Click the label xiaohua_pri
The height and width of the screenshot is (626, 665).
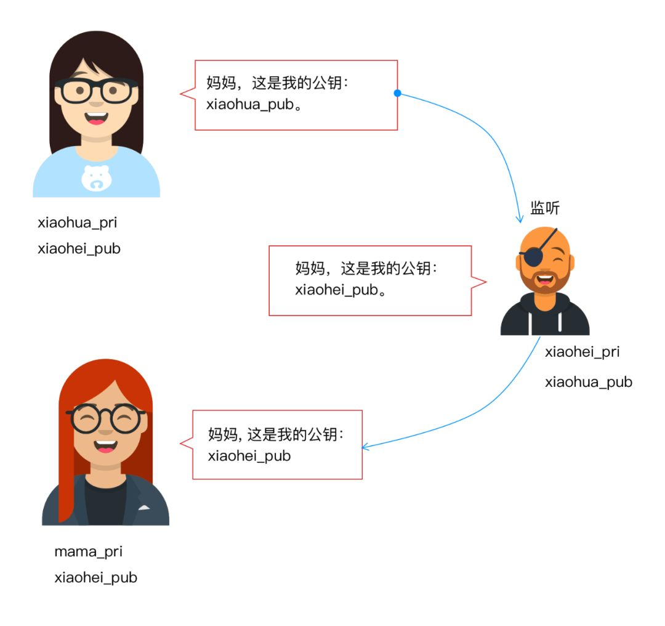(77, 223)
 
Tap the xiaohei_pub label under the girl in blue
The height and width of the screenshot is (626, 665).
(79, 249)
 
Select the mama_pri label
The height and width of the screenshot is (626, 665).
(88, 552)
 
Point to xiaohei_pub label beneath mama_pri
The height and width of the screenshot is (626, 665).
(96, 578)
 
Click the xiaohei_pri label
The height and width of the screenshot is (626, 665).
(582, 352)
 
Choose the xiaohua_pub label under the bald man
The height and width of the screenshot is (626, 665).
(589, 383)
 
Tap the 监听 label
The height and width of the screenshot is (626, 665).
(545, 208)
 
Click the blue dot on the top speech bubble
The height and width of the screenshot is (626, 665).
(397, 93)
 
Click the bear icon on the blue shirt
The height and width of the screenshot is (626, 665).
(97, 178)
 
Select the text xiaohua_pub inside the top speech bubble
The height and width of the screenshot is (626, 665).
(250, 105)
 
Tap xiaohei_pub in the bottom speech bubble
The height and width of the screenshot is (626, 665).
(249, 456)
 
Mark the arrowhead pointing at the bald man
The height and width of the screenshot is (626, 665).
(520, 218)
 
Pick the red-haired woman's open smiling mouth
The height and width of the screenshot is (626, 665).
(106, 446)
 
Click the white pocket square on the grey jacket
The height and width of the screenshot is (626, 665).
(144, 507)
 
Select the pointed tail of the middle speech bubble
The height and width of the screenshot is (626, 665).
(486, 282)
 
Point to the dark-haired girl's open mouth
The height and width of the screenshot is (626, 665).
(96, 118)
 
